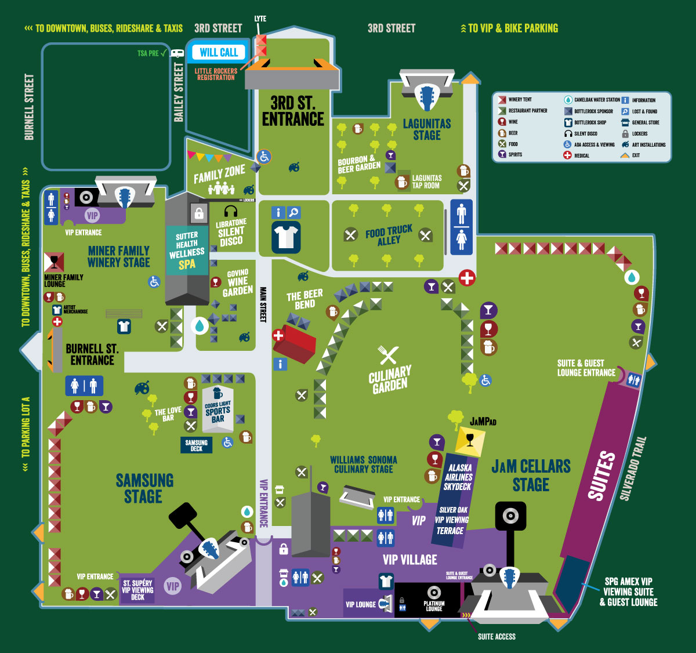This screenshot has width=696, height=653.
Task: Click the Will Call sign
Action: click(x=219, y=52)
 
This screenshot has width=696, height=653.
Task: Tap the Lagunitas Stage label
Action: click(x=427, y=129)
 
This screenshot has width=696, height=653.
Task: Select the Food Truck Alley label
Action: click(x=389, y=235)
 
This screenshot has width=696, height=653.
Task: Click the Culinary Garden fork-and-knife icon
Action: click(x=388, y=355)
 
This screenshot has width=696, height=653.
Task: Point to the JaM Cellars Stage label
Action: click(x=531, y=475)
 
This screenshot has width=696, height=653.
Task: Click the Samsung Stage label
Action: click(x=144, y=488)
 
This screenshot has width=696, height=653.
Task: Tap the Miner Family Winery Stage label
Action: click(x=118, y=256)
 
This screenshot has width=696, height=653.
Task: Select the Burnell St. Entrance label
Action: click(x=92, y=354)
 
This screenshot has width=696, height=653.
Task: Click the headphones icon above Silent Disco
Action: click(x=231, y=211)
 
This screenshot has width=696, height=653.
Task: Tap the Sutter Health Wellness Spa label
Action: click(x=187, y=251)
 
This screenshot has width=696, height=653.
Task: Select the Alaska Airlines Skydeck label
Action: click(x=459, y=477)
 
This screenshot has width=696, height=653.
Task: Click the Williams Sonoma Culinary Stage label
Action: click(x=364, y=465)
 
